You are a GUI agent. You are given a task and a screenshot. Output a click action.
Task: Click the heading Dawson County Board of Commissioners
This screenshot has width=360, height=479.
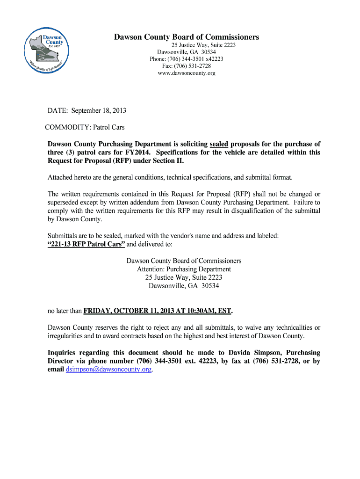coord(187,37)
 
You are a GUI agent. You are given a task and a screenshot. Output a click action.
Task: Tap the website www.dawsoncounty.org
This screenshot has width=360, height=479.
coord(186,73)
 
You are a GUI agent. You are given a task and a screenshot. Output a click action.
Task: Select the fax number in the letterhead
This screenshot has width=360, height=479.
coord(186,66)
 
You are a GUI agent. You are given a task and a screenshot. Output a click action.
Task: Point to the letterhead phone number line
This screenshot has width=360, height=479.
coord(186,59)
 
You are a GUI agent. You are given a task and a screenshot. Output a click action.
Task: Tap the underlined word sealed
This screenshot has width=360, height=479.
coord(219,144)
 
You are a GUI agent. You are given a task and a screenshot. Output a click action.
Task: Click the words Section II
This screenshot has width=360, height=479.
coord(169,161)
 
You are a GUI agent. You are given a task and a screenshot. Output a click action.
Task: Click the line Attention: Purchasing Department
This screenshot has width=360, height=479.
coord(184,269)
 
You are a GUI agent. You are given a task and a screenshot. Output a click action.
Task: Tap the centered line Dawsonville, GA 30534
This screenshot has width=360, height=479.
coord(184,286)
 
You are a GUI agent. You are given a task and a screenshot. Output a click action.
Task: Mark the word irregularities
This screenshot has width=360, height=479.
coord(67,336)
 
